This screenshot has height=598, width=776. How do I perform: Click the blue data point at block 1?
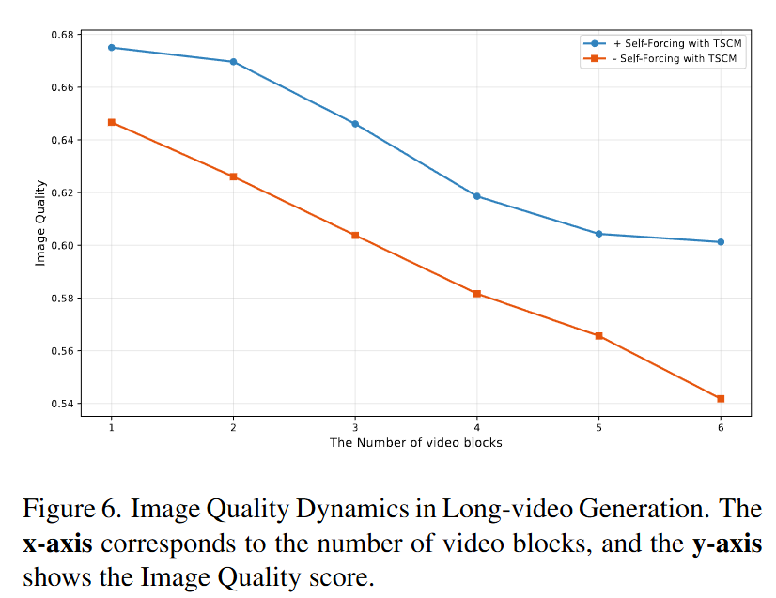[x=112, y=47]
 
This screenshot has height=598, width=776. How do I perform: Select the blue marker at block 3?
[x=355, y=124]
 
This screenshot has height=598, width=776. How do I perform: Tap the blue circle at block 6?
[x=721, y=242]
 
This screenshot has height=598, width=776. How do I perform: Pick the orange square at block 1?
[x=112, y=122]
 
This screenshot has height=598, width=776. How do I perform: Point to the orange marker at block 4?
[x=477, y=294]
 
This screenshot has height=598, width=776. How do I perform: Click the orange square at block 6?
[x=721, y=399]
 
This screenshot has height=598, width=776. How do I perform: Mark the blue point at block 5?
[x=598, y=234]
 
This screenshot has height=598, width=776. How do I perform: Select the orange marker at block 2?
[x=233, y=176]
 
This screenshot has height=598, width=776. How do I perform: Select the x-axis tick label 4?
[x=477, y=426]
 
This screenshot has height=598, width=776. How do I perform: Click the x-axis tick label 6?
[x=721, y=426]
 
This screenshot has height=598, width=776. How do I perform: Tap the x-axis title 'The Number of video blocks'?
[x=415, y=442]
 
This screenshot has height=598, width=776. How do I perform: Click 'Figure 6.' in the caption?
[x=72, y=511]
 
